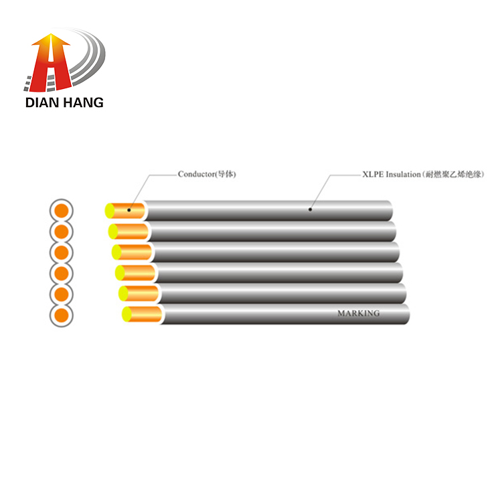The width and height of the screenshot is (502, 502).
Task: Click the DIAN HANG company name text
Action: click(64, 103)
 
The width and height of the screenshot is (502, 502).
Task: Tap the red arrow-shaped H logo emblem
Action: click(51, 63)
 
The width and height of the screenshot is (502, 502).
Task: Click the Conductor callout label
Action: click(207, 174)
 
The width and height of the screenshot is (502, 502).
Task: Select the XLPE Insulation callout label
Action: click(423, 175)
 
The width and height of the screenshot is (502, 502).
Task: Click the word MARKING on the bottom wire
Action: click(359, 313)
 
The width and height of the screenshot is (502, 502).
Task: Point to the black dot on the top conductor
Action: click(129, 210)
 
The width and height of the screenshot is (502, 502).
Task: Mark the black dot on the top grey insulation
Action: click(310, 210)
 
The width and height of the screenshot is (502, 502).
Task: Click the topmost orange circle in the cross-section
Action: click(62, 211)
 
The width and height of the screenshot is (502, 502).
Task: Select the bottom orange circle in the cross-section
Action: click(62, 315)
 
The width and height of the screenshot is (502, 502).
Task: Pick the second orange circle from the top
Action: click(62, 232)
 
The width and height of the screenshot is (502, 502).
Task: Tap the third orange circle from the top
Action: click(62, 252)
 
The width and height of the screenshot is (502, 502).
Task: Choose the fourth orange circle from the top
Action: click(62, 273)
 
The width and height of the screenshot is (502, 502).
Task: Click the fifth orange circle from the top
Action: click(62, 295)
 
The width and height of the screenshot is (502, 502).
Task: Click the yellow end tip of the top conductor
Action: click(110, 211)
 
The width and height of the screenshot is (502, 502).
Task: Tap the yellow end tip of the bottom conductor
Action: click(127, 314)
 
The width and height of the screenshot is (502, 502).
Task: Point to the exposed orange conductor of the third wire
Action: click(135, 252)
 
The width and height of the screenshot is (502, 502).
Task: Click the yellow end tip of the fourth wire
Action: click(120, 273)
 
